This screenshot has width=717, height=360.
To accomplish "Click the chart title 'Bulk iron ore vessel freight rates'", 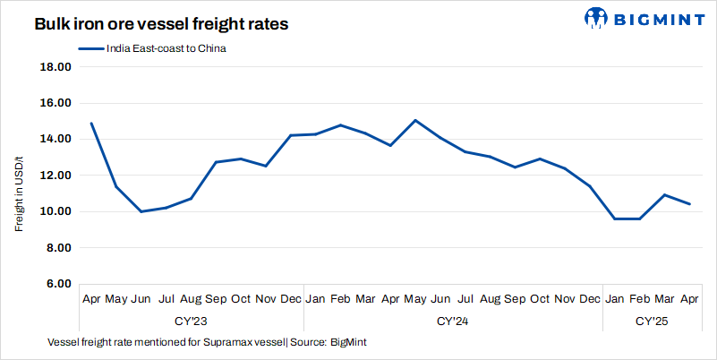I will [x=162, y=25].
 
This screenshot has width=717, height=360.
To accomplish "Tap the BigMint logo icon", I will [x=597, y=17].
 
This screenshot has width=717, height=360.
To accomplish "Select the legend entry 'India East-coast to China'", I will [x=161, y=49].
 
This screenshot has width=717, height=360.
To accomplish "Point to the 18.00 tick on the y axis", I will [x=55, y=67].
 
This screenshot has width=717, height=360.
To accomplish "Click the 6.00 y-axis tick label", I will [x=55, y=284].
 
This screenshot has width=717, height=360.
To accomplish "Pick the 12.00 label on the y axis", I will [x=55, y=176].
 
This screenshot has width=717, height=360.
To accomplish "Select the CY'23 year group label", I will [x=190, y=320].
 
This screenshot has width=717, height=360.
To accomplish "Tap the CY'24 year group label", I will [x=452, y=320].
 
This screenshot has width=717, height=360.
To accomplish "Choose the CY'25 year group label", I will [x=652, y=320].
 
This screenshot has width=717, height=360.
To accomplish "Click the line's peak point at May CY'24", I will [x=414, y=120].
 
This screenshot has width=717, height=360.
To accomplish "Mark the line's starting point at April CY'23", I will [x=91, y=124].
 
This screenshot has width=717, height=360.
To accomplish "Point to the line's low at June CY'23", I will [x=141, y=211].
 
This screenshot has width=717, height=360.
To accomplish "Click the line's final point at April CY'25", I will [x=689, y=204].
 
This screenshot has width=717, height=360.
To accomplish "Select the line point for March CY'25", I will [x=664, y=194].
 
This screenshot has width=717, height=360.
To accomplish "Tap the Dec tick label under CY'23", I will [x=290, y=298].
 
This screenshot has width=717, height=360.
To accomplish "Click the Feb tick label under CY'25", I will [x=639, y=298].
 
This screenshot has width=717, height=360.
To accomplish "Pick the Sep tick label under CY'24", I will [x=515, y=298].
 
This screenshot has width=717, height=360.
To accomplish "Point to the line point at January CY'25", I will [x=614, y=219].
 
